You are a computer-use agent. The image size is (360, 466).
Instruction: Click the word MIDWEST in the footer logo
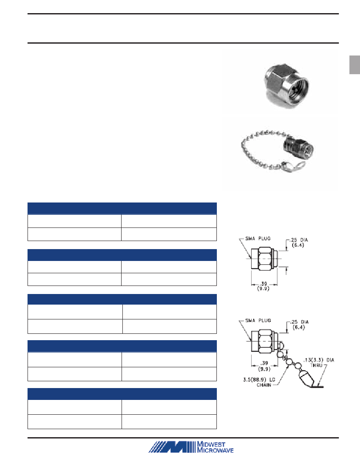211,444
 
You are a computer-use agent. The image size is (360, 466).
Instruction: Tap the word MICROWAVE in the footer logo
215,450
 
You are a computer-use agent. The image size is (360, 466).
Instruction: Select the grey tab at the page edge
354,64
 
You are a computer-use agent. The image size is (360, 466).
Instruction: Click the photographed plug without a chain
286,85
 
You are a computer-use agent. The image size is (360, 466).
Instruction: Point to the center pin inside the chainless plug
295,89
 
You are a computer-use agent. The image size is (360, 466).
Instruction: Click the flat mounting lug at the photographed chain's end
294,167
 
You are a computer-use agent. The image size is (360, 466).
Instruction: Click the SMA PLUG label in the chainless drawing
258,239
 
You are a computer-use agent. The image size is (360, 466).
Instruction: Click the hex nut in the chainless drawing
264,258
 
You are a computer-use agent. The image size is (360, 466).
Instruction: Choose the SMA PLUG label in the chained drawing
258,320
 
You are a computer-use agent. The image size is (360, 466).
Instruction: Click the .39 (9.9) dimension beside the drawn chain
264,366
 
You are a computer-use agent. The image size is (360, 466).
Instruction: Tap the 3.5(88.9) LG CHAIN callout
259,382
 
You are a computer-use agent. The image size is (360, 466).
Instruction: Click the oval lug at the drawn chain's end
305,378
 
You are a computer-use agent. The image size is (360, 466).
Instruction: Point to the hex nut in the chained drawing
264,341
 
